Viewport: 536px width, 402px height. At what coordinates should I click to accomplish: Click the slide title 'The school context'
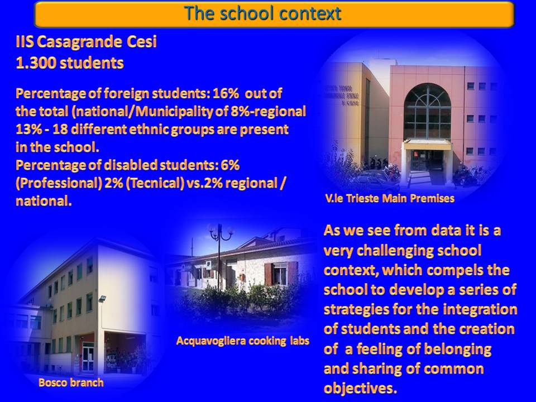[x=263, y=13]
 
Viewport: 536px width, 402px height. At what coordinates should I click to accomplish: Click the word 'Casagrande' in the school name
[x=79, y=42]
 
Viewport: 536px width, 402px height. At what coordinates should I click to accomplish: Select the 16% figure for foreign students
[x=226, y=93]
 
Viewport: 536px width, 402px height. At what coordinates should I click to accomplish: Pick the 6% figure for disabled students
[x=230, y=165]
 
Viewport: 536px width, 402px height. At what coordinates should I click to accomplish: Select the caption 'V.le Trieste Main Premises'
[x=390, y=198]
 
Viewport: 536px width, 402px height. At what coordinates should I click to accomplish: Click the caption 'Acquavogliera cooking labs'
[x=243, y=341]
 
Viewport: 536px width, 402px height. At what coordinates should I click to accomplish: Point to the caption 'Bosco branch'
[x=71, y=382]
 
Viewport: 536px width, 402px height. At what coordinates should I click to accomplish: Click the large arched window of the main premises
[x=427, y=111]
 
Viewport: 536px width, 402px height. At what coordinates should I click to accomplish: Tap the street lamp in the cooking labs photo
[x=219, y=256]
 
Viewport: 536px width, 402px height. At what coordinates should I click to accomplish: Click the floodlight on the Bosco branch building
[x=102, y=299]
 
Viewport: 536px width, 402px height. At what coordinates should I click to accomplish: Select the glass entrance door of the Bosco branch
[x=88, y=358]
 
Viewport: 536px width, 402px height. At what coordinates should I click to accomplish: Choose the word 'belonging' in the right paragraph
[x=458, y=350]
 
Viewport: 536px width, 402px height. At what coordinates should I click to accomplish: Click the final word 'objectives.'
[x=360, y=389]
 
